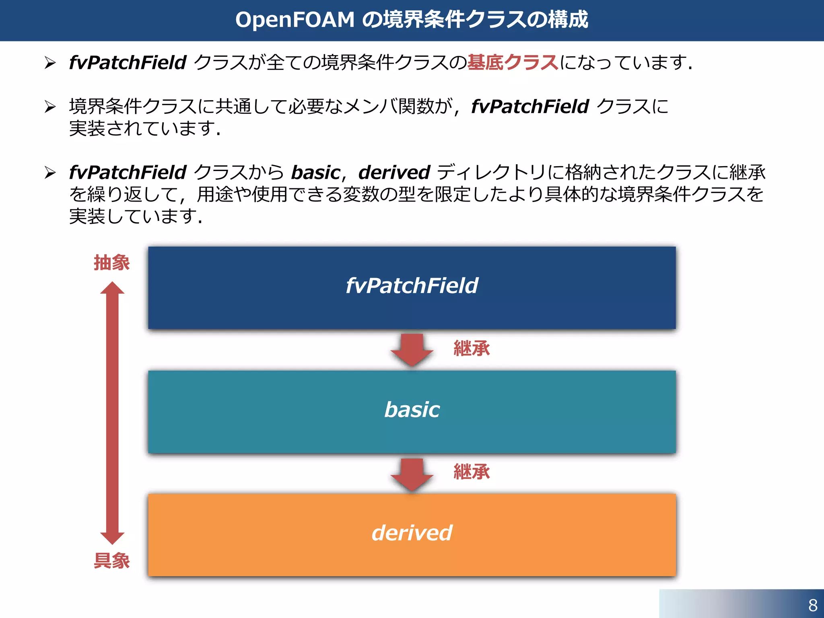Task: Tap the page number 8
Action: point(812,605)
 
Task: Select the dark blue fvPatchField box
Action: point(412,288)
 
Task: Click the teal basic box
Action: point(412,412)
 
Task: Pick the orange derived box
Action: point(412,535)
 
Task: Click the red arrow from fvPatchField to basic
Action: point(412,349)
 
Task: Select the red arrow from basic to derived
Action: point(412,473)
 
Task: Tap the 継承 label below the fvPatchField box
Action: point(472,348)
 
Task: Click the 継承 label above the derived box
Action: point(472,472)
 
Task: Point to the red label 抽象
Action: point(111,263)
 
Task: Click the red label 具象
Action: point(111,560)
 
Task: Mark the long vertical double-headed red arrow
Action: point(112,412)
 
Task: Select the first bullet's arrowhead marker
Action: point(50,63)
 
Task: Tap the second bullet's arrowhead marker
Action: point(50,107)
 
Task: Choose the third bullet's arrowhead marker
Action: point(50,173)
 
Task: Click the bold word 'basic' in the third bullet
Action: point(316,173)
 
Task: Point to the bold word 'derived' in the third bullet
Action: point(394,173)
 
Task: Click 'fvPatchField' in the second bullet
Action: point(530,107)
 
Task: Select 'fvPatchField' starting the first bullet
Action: point(128,63)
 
